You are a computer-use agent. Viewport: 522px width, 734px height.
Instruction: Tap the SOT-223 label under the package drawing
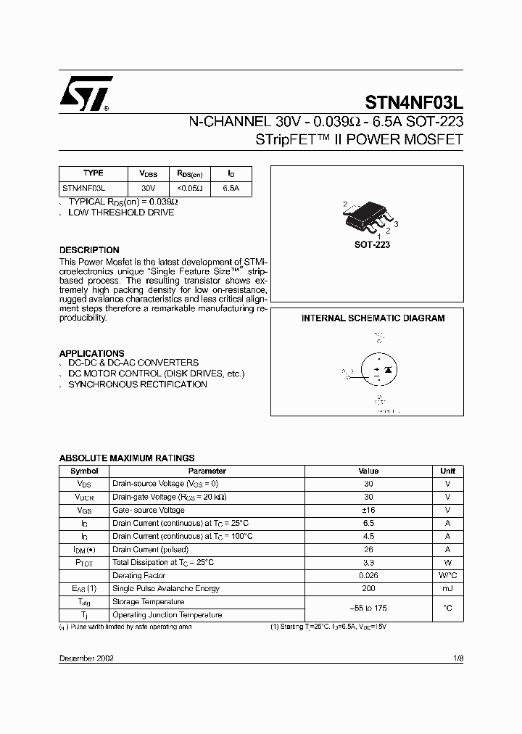pyautogui.click(x=372, y=245)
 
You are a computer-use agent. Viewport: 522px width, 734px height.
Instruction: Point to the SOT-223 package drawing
pyautogui.click(x=370, y=215)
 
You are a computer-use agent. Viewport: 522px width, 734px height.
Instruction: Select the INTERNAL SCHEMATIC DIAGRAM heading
pyautogui.click(x=373, y=318)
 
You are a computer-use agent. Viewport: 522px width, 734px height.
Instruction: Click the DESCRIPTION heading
pyautogui.click(x=89, y=250)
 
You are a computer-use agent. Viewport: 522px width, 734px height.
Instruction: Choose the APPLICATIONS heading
pyautogui.click(x=91, y=353)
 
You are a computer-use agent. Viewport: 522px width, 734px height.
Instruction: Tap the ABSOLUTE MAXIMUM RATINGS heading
pyautogui.click(x=127, y=458)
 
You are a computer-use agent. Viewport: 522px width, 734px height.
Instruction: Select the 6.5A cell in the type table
pyautogui.click(x=231, y=187)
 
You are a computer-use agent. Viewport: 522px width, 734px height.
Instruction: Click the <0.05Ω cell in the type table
pyautogui.click(x=190, y=187)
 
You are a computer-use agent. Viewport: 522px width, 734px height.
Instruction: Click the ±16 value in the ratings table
pyautogui.click(x=368, y=510)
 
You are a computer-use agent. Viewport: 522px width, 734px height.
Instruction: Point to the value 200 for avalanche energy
pyautogui.click(x=368, y=588)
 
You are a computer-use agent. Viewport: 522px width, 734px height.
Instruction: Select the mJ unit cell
pyautogui.click(x=447, y=588)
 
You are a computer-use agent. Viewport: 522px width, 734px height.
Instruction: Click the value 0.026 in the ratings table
pyautogui.click(x=368, y=575)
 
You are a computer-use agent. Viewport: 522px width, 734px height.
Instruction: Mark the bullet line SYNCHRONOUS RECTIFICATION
pyautogui.click(x=138, y=384)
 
